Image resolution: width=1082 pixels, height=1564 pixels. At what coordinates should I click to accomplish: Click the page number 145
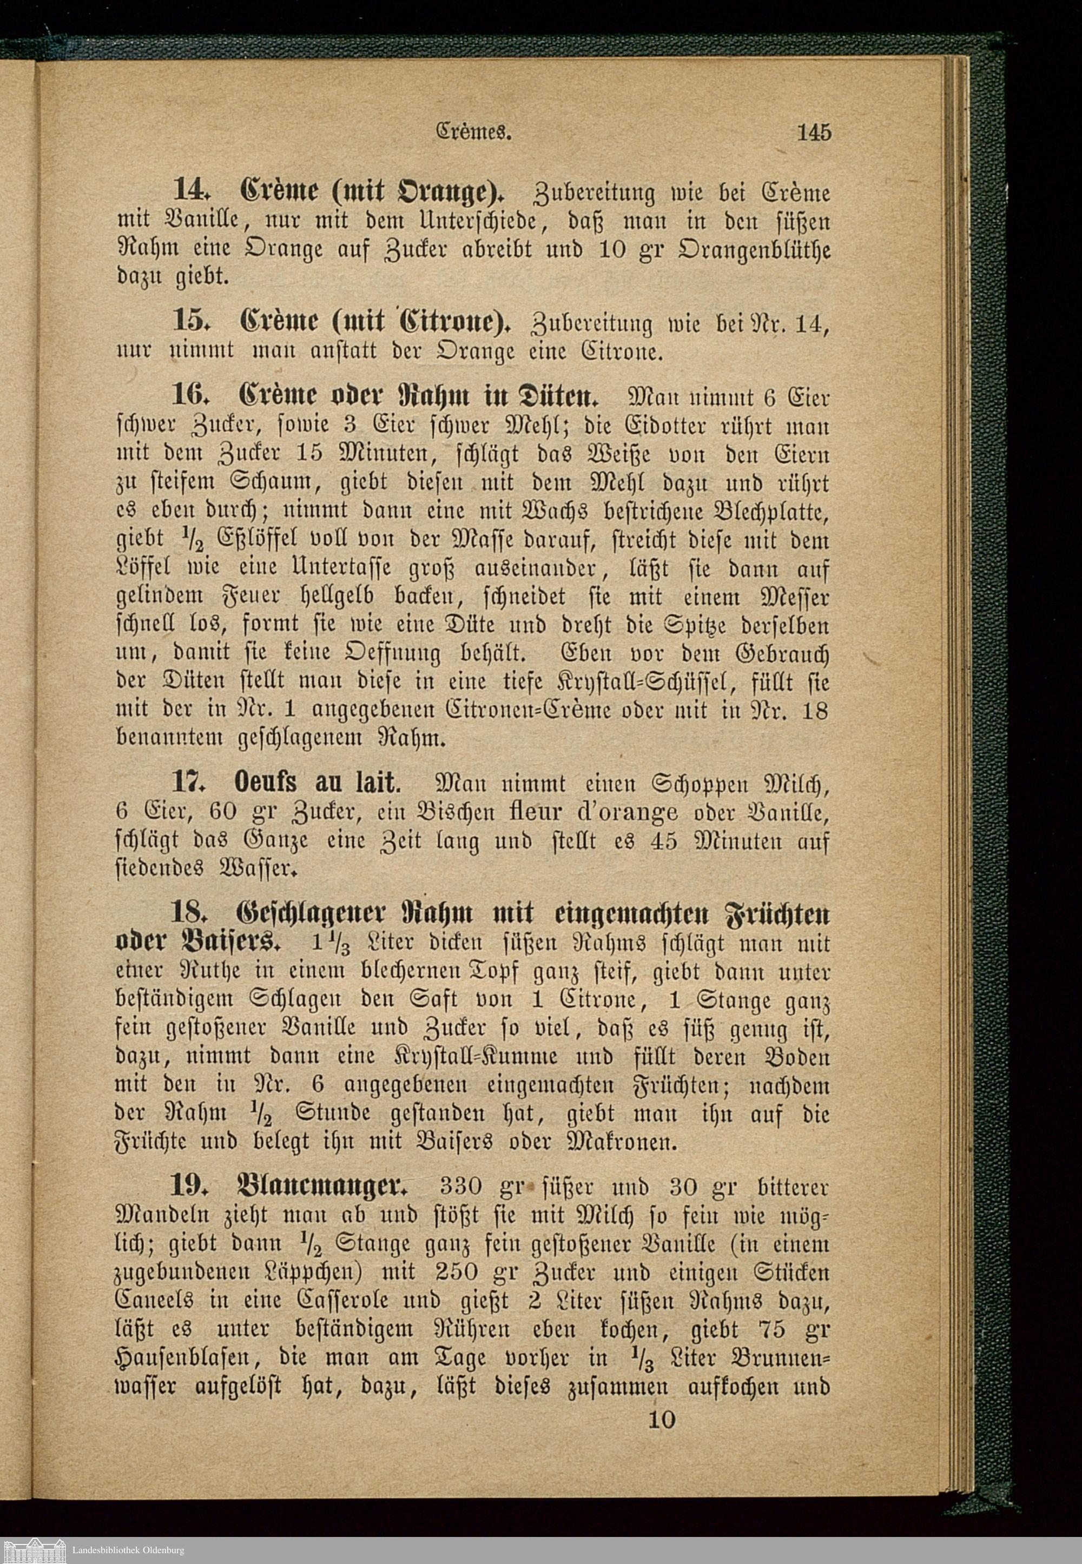814,132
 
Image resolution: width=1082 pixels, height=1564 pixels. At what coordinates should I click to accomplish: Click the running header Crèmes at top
472,132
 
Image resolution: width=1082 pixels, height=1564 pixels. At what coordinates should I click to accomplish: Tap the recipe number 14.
190,190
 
